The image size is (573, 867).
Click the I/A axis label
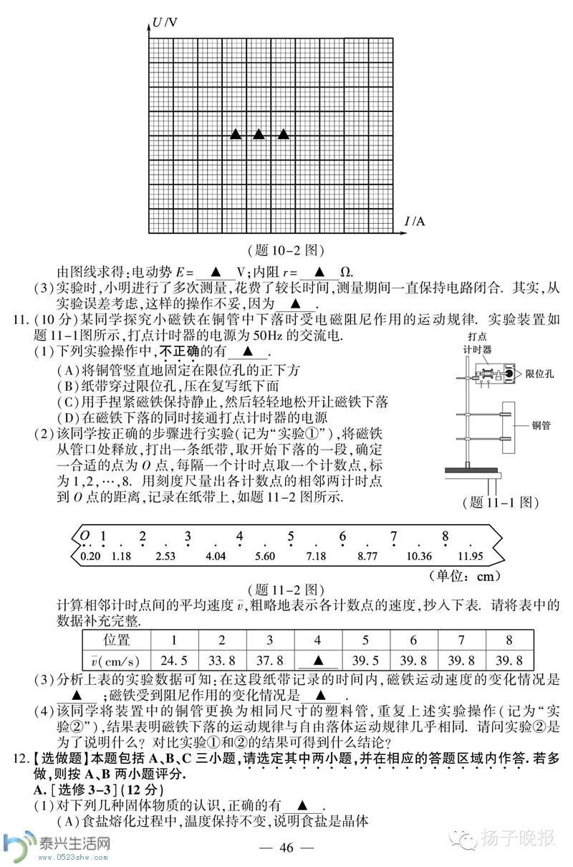[415, 220]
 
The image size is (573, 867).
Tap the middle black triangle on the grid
[259, 134]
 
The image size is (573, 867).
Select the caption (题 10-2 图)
[286, 250]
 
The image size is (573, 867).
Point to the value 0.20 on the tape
[91, 556]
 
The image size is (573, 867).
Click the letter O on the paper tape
[85, 536]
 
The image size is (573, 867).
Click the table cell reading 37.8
[270, 660]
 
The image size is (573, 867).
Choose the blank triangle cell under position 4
[318, 660]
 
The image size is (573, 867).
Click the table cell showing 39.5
[366, 660]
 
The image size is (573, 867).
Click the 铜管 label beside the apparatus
[541, 425]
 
